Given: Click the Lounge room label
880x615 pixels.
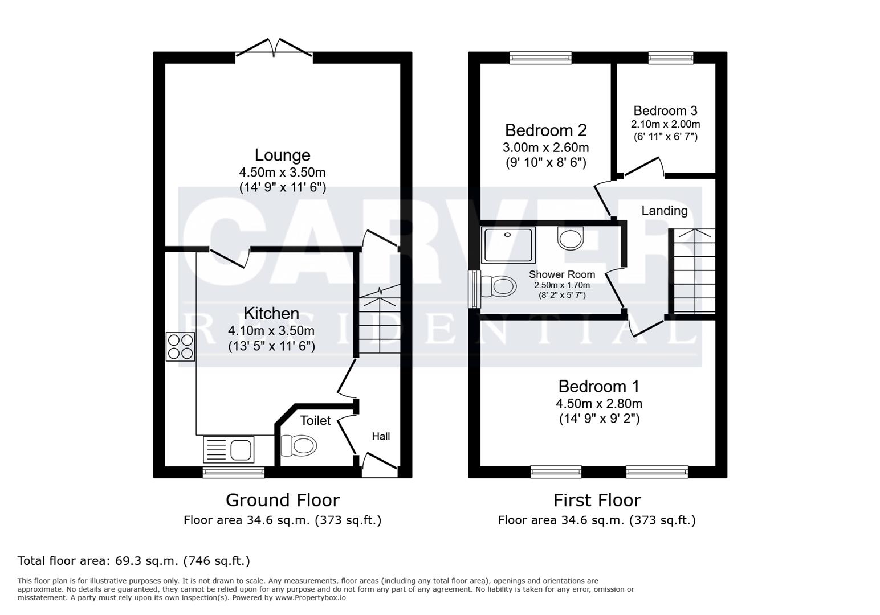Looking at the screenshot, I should [x=282, y=155].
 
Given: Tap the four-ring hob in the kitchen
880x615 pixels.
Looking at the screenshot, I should [x=180, y=346].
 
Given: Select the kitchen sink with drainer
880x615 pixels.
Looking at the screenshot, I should [x=229, y=449].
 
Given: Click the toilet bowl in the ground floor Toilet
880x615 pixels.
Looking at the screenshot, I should [x=298, y=445].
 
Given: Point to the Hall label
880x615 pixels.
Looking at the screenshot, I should [x=381, y=436].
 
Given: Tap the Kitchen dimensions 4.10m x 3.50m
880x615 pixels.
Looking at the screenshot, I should [x=271, y=330].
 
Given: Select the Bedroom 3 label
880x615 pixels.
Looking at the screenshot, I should [x=665, y=110].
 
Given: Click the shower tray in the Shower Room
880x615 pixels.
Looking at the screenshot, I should [x=508, y=244].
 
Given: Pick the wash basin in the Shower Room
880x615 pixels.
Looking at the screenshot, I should [x=571, y=237].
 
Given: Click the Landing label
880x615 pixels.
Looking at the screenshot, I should [x=664, y=211].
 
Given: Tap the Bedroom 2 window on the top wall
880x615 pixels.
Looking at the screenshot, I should [x=540, y=57].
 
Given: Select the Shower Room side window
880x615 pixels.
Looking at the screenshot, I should [x=474, y=289].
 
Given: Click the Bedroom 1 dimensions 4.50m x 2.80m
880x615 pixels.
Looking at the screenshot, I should [x=598, y=404].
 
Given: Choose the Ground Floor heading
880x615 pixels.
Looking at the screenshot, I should [x=282, y=500].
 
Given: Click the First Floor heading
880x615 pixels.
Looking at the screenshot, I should [x=597, y=500].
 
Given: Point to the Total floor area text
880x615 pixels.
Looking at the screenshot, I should [x=134, y=561].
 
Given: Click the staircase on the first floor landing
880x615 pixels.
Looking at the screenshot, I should [x=694, y=271].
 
